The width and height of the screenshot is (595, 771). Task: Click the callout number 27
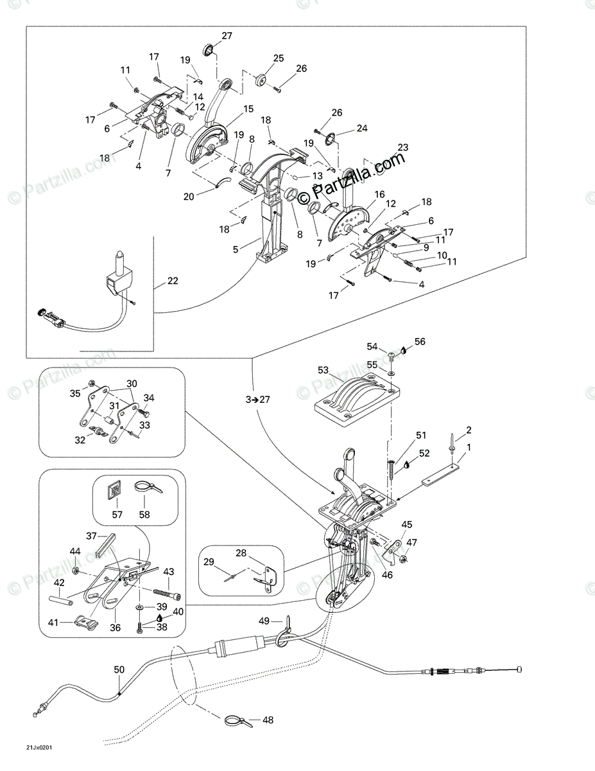point(227,36)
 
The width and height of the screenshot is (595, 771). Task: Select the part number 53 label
point(323,370)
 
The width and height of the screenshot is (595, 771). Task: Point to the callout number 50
point(119,669)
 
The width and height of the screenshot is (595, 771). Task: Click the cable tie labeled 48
point(236,720)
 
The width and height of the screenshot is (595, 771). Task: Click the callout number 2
point(469,429)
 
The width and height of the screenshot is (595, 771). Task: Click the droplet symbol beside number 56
point(403,350)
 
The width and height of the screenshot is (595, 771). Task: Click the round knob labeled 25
point(261,80)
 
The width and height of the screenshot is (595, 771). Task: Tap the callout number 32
point(80,441)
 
